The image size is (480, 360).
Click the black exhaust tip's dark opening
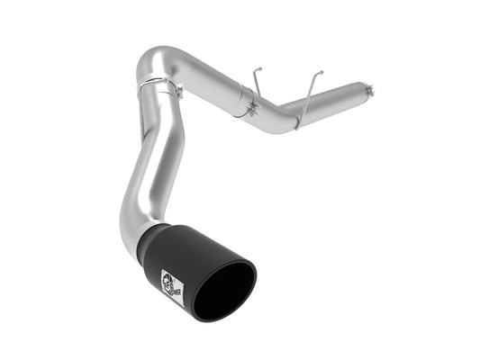[226, 290]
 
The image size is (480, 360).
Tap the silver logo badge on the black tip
[172, 282]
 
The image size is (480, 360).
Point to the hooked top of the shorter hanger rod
[255, 67]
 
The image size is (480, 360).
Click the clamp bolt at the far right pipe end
[368, 86]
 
